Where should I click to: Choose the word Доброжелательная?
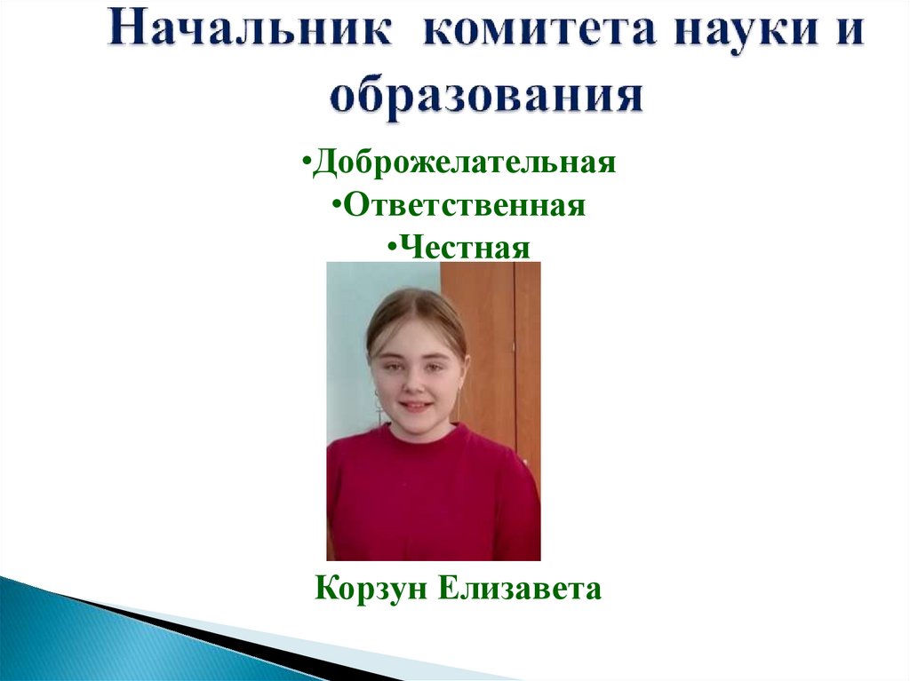(464, 163)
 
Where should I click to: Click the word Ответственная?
(465, 206)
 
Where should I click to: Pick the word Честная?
(465, 247)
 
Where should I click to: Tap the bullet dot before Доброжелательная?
(306, 164)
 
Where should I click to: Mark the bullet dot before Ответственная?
(338, 207)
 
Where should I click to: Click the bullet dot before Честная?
(392, 248)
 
